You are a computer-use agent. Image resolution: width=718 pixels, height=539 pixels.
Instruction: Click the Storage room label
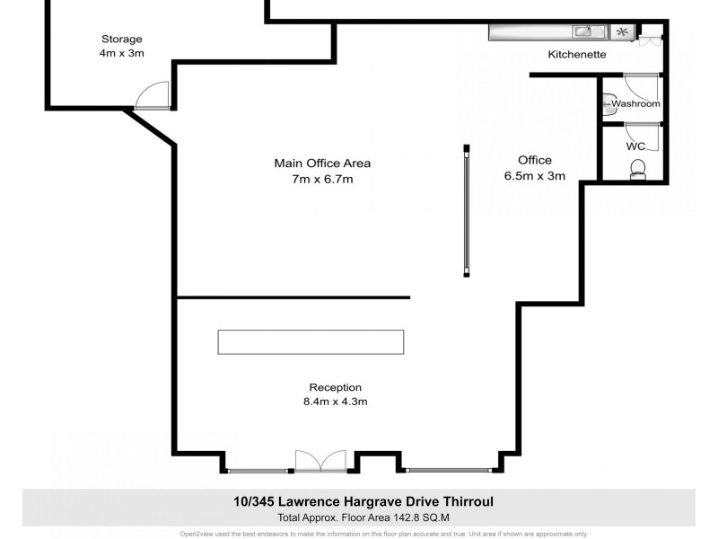(x=121, y=39)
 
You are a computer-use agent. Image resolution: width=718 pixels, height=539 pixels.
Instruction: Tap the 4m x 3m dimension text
(x=121, y=53)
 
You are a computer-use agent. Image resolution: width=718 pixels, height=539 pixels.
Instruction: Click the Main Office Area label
(x=322, y=163)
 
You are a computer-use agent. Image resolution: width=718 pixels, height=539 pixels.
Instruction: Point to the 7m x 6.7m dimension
(x=322, y=180)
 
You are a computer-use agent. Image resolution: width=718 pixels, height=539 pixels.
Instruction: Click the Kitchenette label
(x=577, y=55)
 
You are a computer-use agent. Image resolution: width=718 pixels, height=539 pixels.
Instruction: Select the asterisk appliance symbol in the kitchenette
(x=621, y=32)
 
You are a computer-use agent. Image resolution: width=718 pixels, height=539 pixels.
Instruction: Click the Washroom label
(x=635, y=104)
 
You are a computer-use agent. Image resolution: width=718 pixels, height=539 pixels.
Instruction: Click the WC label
(x=635, y=146)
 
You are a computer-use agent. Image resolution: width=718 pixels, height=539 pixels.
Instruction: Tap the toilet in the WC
(x=639, y=169)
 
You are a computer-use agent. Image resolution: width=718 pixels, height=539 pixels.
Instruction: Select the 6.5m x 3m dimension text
(x=535, y=176)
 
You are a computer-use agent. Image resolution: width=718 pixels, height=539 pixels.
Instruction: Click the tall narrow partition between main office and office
(x=466, y=211)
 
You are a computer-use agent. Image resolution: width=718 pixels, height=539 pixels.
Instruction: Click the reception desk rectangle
(x=311, y=341)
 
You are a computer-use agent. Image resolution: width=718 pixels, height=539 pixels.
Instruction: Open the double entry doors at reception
(x=320, y=461)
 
